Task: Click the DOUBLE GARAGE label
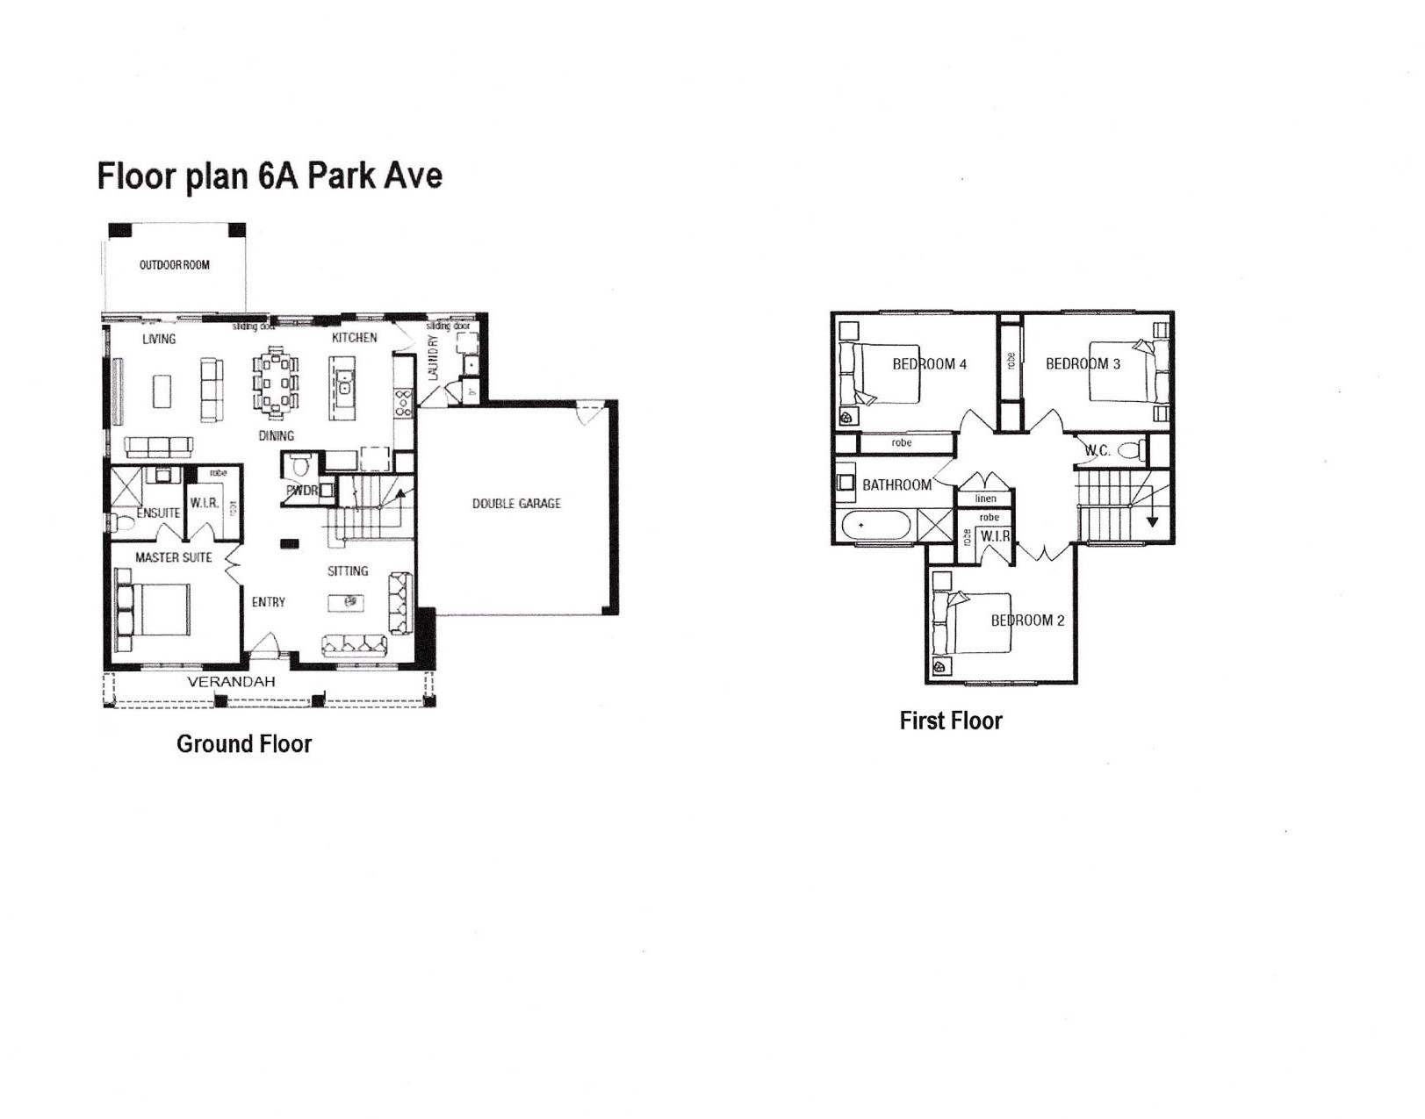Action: (x=516, y=504)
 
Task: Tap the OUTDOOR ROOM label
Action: (x=175, y=265)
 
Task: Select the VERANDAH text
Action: (x=231, y=682)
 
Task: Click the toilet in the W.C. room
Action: (x=1133, y=451)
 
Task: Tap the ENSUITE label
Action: (x=158, y=513)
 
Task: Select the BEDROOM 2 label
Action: (x=1027, y=620)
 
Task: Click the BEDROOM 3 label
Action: (x=1083, y=364)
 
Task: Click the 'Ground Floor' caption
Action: (x=244, y=744)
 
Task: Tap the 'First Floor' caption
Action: (x=951, y=721)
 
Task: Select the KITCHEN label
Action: (x=355, y=338)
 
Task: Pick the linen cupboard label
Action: (x=985, y=499)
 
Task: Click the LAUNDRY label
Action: (x=432, y=357)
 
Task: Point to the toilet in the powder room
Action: (x=300, y=463)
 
